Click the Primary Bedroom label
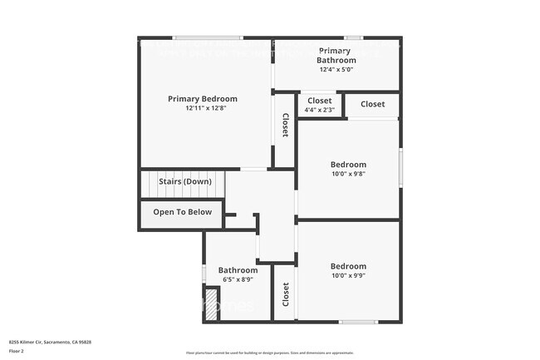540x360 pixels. click(202, 99)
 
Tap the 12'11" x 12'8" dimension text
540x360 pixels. click(202, 108)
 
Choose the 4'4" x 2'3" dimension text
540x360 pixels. click(320, 109)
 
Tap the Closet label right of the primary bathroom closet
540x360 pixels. click(372, 104)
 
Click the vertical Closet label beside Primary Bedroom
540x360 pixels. click(285, 126)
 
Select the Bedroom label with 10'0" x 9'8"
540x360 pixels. click(348, 165)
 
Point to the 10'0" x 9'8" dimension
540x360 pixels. click(348, 174)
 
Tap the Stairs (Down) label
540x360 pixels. click(185, 181)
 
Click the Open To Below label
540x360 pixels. click(182, 212)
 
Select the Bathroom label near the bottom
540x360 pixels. click(238, 270)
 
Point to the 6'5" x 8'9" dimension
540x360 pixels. click(238, 279)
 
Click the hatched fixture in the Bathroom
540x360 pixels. click(211, 300)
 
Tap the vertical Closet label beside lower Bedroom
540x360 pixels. click(285, 293)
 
